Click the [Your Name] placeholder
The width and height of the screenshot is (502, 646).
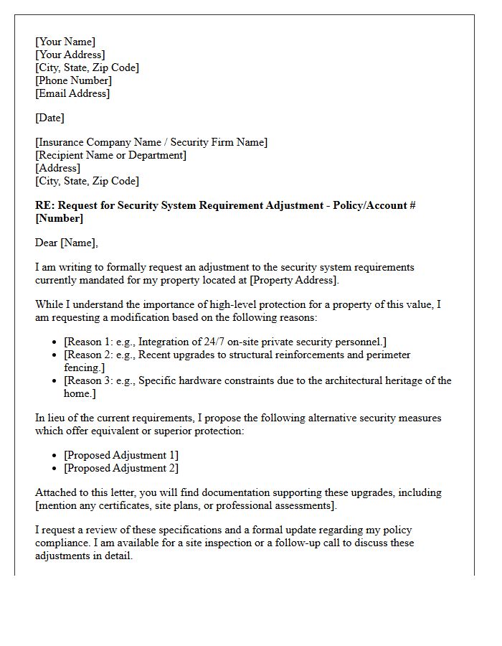(x=65, y=42)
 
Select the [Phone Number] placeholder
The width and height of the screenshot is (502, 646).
(x=73, y=80)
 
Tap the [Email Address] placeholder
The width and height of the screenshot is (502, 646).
(x=72, y=93)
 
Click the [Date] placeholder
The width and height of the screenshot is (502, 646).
(x=49, y=118)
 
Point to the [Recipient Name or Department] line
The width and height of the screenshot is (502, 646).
(x=110, y=155)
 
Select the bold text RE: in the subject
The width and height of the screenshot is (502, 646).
(x=44, y=205)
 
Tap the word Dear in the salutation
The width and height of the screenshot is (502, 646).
(x=46, y=243)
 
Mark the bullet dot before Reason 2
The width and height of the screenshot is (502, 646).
(x=56, y=355)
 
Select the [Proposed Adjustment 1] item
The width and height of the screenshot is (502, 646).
(x=120, y=455)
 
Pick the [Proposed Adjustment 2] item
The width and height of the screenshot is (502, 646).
(x=120, y=468)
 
